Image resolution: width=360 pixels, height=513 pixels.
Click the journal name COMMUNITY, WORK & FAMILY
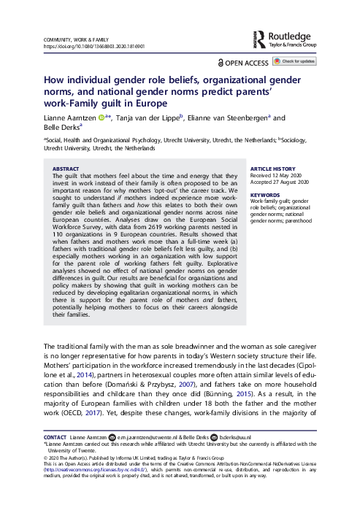[77, 39]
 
